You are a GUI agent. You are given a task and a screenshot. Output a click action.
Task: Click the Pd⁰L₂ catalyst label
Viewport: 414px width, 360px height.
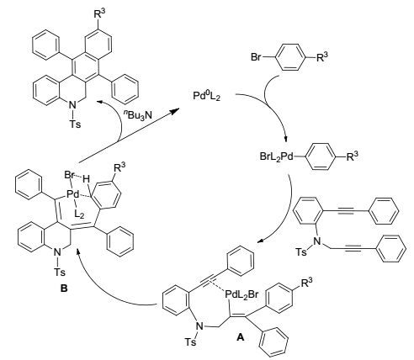(206, 96)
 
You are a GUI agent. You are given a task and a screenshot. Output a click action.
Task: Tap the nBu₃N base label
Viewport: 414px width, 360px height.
(137, 114)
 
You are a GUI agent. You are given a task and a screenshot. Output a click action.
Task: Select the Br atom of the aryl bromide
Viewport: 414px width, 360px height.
(257, 57)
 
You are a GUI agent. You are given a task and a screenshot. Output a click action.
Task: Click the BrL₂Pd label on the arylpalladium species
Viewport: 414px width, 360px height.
(276, 156)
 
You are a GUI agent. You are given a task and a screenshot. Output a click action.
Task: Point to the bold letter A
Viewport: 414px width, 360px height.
(241, 337)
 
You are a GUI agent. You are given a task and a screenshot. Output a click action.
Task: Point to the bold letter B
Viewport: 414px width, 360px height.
(64, 289)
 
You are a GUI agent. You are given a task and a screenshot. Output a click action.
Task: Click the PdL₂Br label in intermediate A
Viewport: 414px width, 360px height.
(241, 294)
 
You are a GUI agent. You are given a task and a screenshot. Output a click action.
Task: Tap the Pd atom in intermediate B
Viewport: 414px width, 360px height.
(73, 193)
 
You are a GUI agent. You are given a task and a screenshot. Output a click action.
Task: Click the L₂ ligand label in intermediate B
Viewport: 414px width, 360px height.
(79, 214)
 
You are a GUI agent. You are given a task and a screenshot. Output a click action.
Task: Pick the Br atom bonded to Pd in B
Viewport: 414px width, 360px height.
(70, 176)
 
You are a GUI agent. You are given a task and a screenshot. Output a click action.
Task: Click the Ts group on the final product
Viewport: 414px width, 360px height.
(75, 124)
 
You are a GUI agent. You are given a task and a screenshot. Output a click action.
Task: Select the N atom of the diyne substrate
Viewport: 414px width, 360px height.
(317, 241)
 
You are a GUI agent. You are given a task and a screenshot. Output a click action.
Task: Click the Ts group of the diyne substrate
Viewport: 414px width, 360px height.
(301, 252)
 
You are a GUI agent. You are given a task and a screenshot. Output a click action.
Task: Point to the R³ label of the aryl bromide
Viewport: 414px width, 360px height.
(322, 57)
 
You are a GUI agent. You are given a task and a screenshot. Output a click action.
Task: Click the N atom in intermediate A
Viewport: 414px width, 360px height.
(199, 326)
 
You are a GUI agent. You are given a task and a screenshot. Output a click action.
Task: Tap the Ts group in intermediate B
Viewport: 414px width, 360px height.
(60, 272)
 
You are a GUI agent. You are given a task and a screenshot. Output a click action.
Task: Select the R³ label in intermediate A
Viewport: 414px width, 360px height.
(306, 283)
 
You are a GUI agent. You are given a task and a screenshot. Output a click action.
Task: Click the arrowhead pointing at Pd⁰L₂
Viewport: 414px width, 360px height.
(175, 111)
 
